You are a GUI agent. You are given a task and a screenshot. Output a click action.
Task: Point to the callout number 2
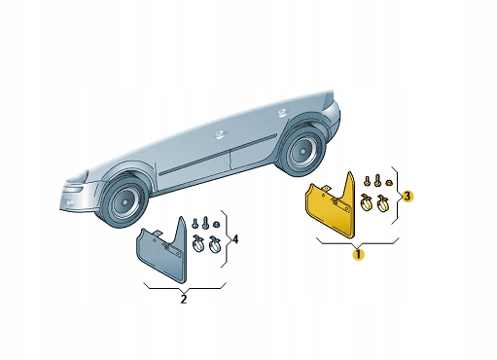(x=183, y=300)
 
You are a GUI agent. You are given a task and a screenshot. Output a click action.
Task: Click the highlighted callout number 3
(x=408, y=196)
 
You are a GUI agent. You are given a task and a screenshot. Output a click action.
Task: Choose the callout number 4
(x=235, y=239)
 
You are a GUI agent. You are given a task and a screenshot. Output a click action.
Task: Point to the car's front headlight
(x=73, y=187)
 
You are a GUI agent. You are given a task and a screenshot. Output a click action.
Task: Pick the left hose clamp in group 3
(x=366, y=202)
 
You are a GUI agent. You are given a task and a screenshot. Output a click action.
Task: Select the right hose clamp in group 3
(x=384, y=203)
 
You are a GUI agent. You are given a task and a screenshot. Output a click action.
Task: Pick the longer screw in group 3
(x=365, y=181)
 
